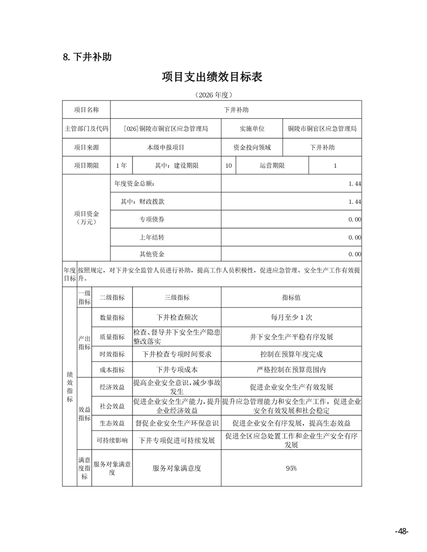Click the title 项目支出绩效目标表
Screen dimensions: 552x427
coord(212,77)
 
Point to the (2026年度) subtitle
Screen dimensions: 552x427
coord(212,95)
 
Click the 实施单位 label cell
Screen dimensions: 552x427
coord(252,129)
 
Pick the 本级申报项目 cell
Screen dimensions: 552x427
coord(166,147)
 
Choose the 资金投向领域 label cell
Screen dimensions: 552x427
coord(252,147)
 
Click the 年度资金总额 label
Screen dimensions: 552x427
coord(134,184)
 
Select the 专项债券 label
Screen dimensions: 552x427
coord(152,220)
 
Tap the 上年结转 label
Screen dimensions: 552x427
coord(152,237)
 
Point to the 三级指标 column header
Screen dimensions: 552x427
coord(177,297)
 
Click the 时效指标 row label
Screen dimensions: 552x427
coord(112,354)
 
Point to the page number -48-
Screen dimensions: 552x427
coord(401,532)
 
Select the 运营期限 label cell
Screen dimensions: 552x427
coord(272,166)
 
